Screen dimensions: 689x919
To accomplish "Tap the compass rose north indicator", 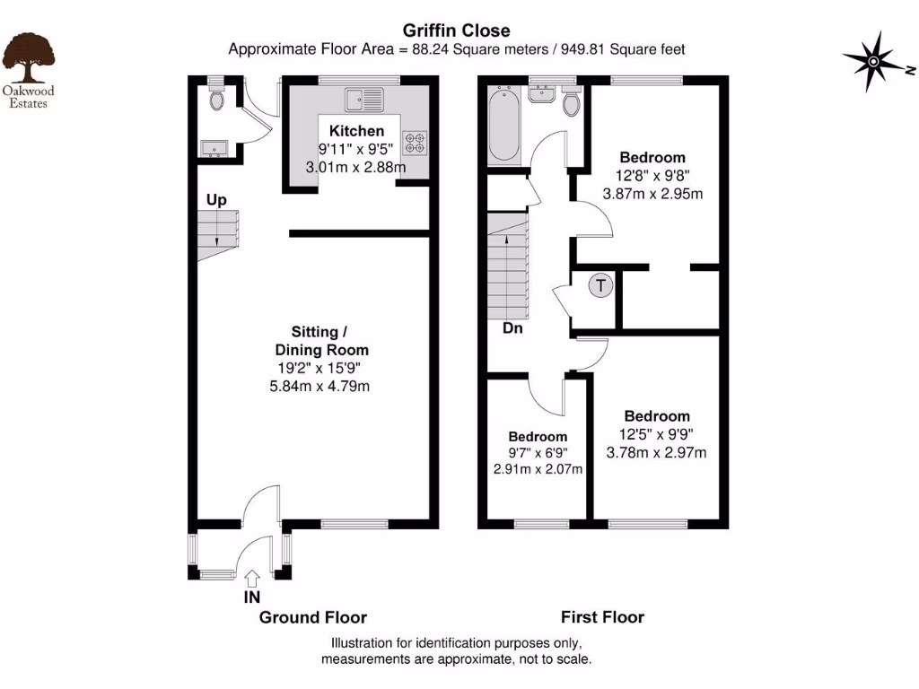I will [872, 61].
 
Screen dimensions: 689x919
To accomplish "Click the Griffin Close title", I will [458, 31].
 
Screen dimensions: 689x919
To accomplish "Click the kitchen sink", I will [363, 95].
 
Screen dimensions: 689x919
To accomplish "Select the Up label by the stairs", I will [216, 200].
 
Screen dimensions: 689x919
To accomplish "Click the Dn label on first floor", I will [512, 328].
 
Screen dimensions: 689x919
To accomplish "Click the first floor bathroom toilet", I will [572, 104].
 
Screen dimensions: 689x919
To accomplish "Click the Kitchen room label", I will [356, 131].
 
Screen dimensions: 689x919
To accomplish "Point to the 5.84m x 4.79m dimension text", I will [321, 387].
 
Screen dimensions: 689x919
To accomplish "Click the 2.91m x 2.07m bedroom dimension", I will [538, 469].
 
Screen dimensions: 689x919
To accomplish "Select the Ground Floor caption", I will [312, 617].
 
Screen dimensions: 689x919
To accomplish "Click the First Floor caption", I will [602, 617].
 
